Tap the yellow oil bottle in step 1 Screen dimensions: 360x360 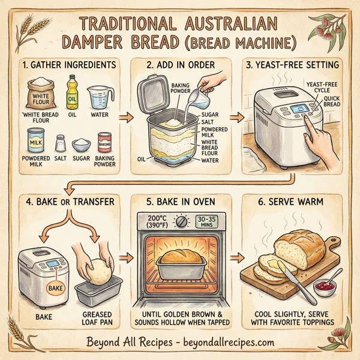tap(72, 91)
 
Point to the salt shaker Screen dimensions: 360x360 tap(59, 144)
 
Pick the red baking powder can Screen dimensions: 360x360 tap(104, 143)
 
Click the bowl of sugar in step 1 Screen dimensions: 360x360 tap(81, 145)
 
